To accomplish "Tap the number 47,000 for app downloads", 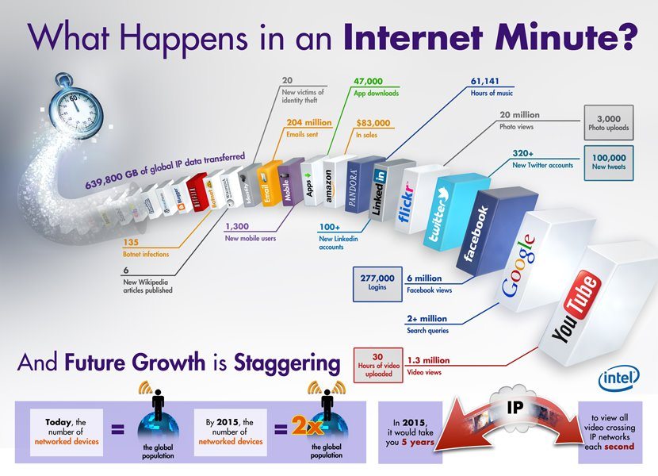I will point(368,81).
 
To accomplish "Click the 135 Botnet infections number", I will point(131,244).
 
